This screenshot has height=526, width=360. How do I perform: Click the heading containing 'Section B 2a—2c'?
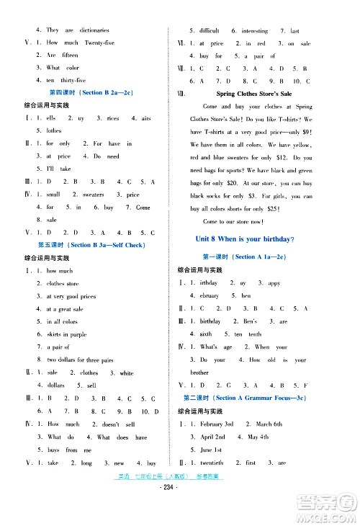(x=91, y=93)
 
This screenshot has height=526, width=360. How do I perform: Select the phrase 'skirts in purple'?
(x=67, y=334)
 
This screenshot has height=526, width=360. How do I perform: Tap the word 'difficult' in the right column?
(x=209, y=30)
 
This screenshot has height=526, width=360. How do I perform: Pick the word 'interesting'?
(x=255, y=30)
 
